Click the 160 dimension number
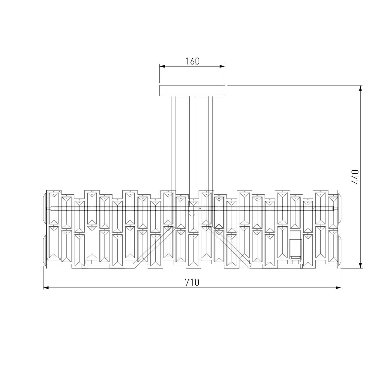(192, 61)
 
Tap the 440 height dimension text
(355, 177)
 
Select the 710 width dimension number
(192, 282)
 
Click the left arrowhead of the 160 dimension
(162, 66)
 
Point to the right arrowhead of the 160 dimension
(222, 66)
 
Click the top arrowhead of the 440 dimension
(360, 88)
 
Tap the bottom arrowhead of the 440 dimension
(360, 265)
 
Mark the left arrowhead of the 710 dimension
(46, 288)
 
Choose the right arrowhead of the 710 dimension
(338, 288)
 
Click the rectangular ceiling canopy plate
(192, 91)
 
